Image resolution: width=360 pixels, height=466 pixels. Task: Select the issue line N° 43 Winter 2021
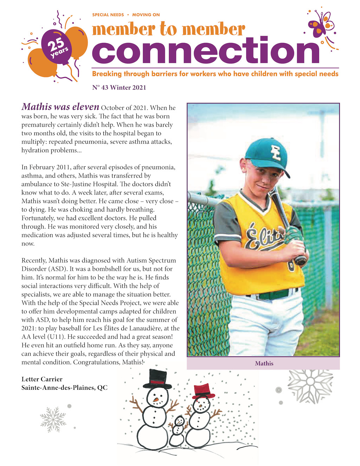[119, 88]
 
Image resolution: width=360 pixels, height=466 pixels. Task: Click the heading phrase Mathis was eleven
[60, 107]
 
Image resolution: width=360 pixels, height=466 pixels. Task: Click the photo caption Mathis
[264, 363]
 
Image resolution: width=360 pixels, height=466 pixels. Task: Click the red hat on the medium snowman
[203, 390]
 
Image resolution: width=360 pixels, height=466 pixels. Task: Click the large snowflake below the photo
[310, 385]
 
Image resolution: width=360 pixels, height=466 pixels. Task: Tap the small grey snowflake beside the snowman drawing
[53, 419]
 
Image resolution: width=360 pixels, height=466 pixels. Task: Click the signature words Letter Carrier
[42, 379]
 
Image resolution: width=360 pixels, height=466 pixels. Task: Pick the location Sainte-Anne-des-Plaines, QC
[64, 388]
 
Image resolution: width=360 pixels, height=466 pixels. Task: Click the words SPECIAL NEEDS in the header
[108, 15]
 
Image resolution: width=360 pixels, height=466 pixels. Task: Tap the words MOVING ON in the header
[146, 15]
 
